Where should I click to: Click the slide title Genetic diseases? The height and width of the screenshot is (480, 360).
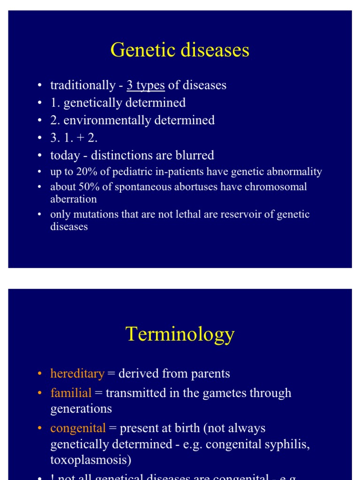180,50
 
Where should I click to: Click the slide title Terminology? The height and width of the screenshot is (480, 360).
180,335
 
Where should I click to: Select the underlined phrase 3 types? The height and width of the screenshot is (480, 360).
145,85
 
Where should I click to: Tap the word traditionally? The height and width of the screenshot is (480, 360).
82,85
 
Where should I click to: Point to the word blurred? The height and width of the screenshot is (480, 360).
194,155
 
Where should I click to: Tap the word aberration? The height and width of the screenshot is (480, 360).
74,199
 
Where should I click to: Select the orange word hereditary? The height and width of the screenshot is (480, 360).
77,374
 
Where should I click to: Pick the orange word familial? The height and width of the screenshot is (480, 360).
71,393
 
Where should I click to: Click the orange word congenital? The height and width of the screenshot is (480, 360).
78,428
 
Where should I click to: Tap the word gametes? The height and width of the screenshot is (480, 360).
221,393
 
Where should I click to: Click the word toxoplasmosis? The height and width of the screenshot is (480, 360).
90,460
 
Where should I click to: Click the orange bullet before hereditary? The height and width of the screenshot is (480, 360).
40,374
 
